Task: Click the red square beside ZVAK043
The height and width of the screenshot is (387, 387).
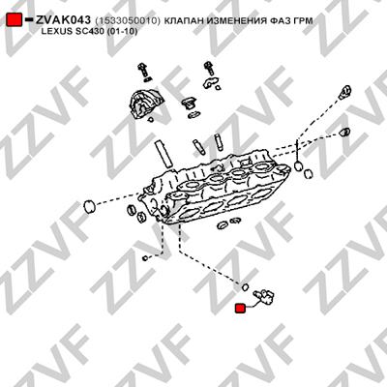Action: pos(15,20)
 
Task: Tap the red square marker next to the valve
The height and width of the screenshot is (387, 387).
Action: pos(240,309)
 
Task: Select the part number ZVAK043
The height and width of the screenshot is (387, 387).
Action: pos(63,20)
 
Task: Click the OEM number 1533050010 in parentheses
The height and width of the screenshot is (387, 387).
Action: pos(128,21)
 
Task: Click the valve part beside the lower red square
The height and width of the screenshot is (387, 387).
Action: pos(263,297)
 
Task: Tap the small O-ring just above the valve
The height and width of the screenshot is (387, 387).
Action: pos(245,286)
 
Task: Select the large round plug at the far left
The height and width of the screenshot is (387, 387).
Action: pos(89,206)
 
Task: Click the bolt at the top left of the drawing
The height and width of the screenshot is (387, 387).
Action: pos(142,71)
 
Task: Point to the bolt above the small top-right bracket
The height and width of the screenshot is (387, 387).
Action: pos(209,69)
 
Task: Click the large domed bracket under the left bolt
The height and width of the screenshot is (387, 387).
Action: pos(144,103)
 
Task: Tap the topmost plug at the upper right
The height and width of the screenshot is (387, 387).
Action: pos(345,91)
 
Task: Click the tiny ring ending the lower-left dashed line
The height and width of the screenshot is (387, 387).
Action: pos(145,258)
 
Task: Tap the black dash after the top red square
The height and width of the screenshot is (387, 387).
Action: pos(29,19)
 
